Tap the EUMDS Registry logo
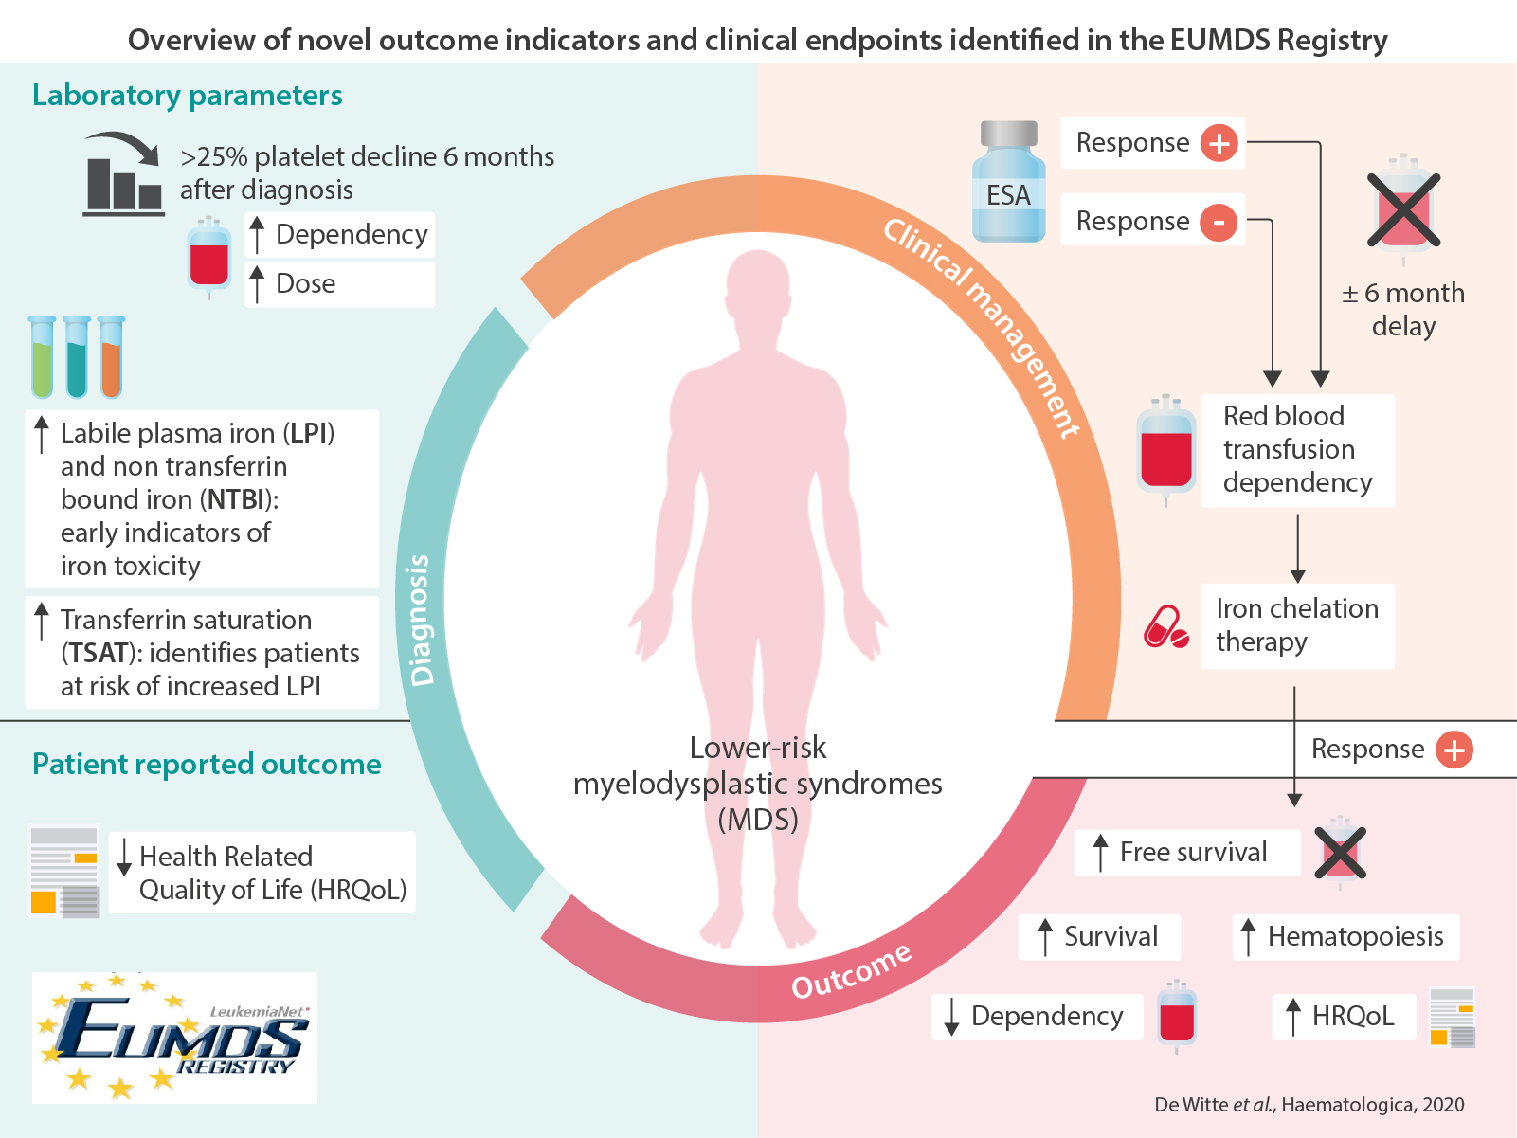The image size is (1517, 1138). coord(174,1038)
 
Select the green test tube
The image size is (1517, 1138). coord(43,358)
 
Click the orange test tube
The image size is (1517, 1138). coord(111,358)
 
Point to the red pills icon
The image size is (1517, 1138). coord(1165,627)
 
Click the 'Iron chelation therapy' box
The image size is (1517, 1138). coord(1296,625)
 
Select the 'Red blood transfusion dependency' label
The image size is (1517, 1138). coord(1296,450)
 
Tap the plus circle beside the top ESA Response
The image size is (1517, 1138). coord(1219,143)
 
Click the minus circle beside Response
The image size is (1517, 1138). coord(1219,223)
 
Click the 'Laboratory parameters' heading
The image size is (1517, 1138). coord(188,96)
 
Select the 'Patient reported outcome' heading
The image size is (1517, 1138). coord(207,765)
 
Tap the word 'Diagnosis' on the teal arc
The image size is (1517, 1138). coord(421,620)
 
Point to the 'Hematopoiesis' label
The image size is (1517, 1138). coord(1354,937)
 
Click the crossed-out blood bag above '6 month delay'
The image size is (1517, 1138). coord(1403,208)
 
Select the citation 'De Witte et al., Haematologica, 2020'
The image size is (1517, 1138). coord(1309,1105)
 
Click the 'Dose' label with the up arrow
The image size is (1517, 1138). coord(305,284)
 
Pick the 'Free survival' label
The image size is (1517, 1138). coord(1192,853)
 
